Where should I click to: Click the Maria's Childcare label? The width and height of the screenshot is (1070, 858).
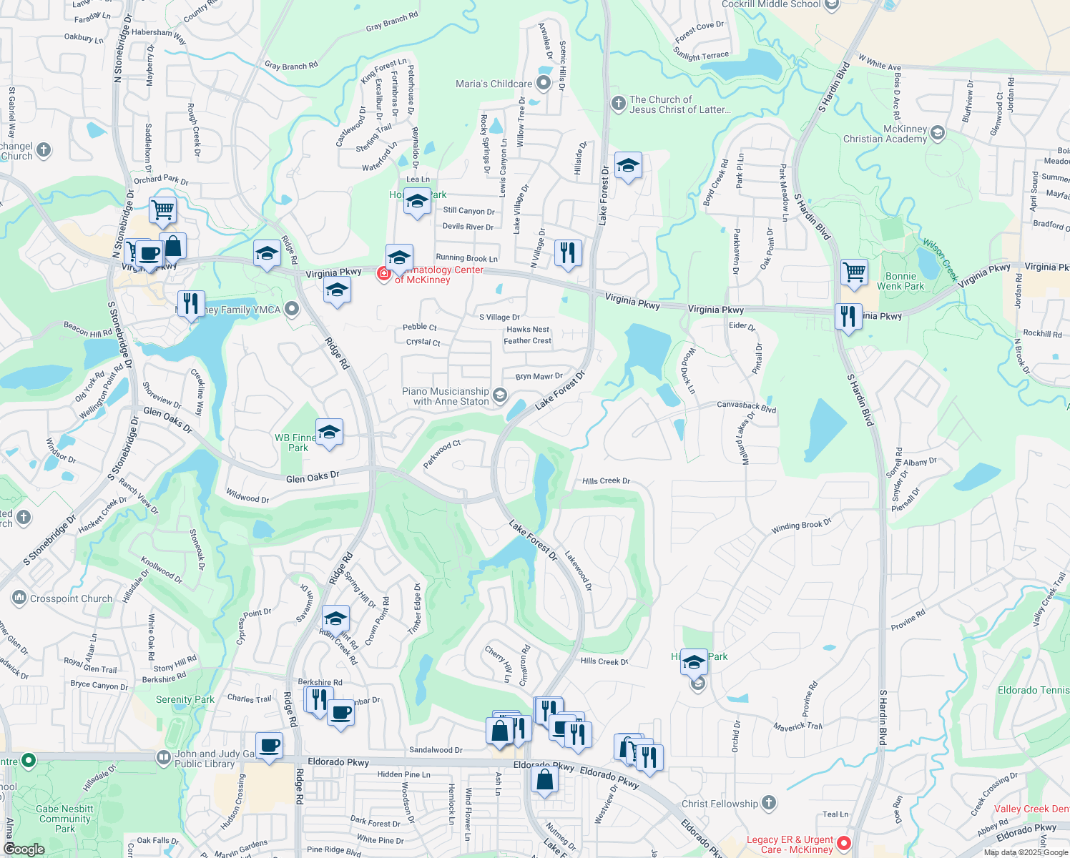pyautogui.click(x=494, y=84)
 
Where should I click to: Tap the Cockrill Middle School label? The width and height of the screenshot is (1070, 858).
pyautogui.click(x=771, y=4)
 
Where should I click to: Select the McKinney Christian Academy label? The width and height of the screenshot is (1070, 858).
pyautogui.click(x=885, y=134)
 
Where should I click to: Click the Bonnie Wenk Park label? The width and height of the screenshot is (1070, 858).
pyautogui.click(x=900, y=281)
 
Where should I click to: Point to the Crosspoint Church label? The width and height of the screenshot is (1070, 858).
pyautogui.click(x=71, y=599)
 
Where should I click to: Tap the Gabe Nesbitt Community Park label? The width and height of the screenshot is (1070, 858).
pyautogui.click(x=65, y=819)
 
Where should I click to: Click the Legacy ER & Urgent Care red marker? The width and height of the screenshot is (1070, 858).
pyautogui.click(x=843, y=843)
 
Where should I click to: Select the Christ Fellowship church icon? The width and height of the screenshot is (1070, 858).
pyautogui.click(x=769, y=803)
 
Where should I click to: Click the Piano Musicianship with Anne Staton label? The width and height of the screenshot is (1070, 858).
pyautogui.click(x=445, y=396)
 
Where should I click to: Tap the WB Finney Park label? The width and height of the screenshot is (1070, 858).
pyautogui.click(x=296, y=443)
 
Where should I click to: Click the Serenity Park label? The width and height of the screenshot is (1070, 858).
pyautogui.click(x=185, y=699)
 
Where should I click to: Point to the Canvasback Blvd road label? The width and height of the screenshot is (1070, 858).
pyautogui.click(x=746, y=406)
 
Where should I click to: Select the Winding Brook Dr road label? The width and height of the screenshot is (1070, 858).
pyautogui.click(x=801, y=526)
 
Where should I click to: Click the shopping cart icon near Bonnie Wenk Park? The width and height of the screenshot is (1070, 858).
pyautogui.click(x=854, y=272)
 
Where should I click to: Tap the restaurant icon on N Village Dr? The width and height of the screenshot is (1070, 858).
pyautogui.click(x=567, y=253)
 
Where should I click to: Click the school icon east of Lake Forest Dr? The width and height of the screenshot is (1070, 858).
pyautogui.click(x=627, y=166)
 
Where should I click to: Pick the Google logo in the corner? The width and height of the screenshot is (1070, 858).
pyautogui.click(x=24, y=849)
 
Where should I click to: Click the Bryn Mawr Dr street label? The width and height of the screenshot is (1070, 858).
pyautogui.click(x=539, y=376)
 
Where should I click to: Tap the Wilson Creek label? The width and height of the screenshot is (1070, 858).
pyautogui.click(x=939, y=259)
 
